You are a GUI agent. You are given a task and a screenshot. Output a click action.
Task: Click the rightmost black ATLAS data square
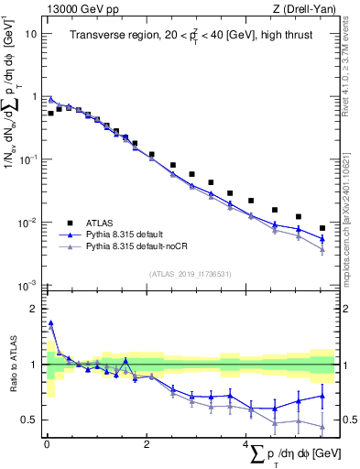322,228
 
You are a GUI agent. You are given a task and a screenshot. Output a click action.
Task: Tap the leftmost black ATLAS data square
51,114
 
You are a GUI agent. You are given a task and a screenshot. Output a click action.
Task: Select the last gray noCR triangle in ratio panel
322,427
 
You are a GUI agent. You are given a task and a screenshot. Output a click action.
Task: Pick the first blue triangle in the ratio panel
51,322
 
